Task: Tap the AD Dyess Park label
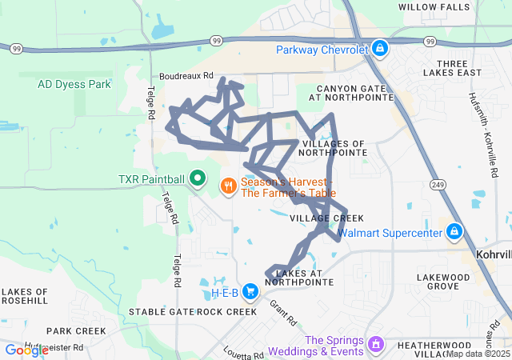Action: [75, 83]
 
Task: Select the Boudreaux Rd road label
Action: [187, 75]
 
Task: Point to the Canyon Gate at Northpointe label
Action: [355, 93]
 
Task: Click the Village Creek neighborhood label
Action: [326, 218]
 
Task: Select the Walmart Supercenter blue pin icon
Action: [454, 233]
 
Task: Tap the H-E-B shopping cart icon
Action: [250, 292]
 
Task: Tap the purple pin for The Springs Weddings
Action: [376, 345]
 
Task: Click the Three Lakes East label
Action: [458, 67]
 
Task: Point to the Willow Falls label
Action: [434, 7]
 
